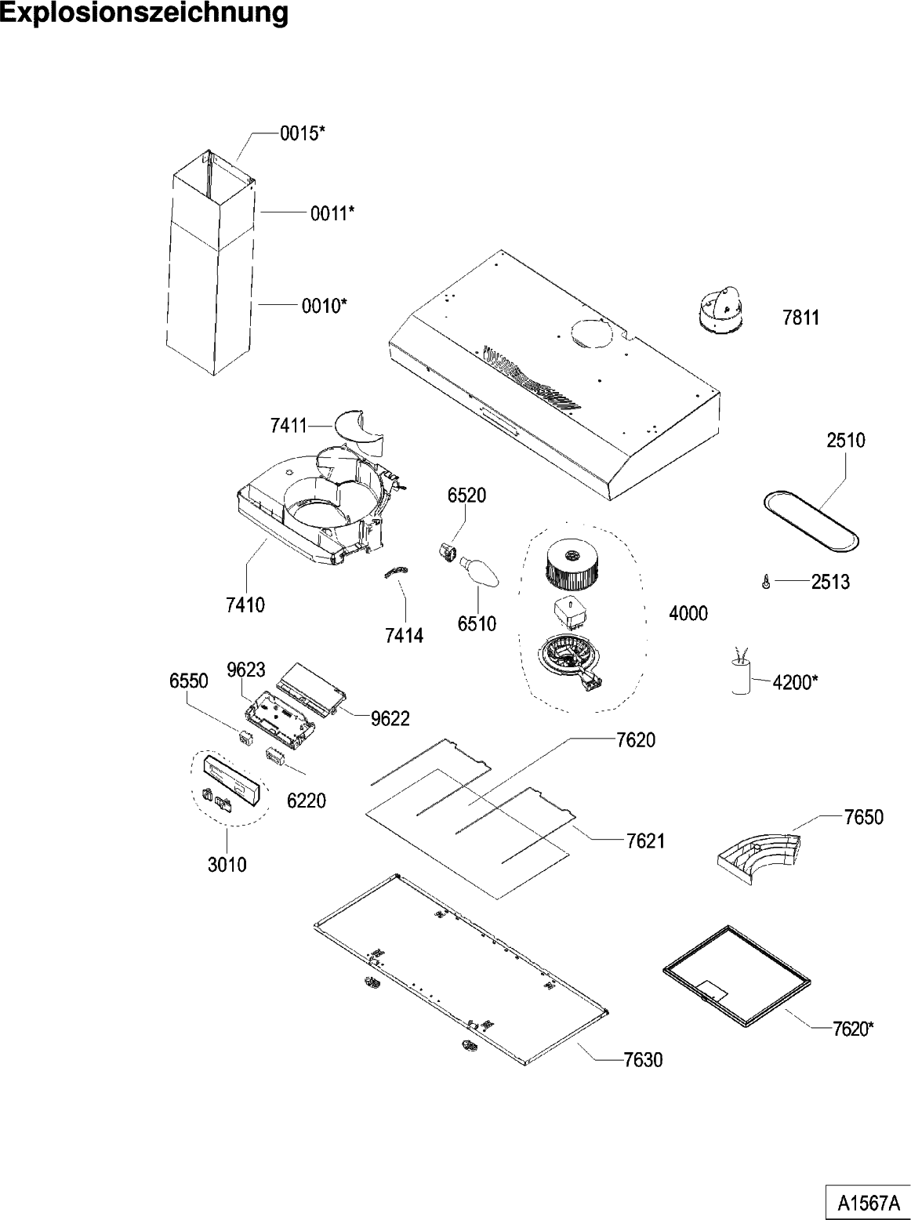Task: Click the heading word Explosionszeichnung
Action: click(x=144, y=13)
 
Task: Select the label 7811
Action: click(x=801, y=318)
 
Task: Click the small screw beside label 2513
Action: click(x=765, y=582)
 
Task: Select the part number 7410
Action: click(x=245, y=605)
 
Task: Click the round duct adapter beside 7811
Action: click(x=722, y=310)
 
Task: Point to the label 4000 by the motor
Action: click(x=688, y=613)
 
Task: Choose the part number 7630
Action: click(x=643, y=1060)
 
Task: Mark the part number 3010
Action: click(x=227, y=864)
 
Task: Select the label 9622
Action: click(x=390, y=718)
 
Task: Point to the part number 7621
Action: click(x=645, y=841)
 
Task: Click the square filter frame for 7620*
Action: click(x=736, y=975)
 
